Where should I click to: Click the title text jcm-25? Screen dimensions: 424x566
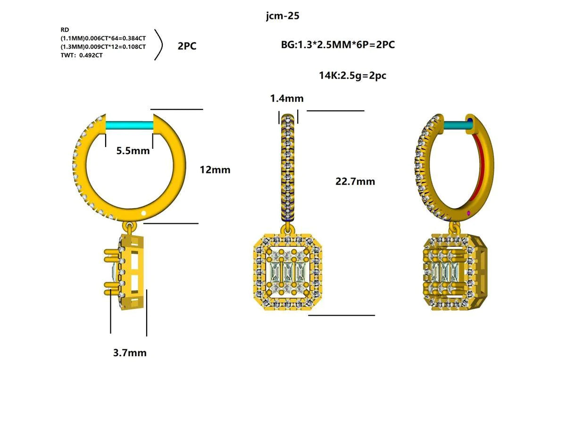[283, 16]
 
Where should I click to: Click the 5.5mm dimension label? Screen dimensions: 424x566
[133, 151]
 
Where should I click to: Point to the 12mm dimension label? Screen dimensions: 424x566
[215, 170]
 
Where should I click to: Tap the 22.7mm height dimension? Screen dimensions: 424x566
[355, 181]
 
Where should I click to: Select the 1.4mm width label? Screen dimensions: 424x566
[287, 98]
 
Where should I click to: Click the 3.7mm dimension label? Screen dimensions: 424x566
[130, 352]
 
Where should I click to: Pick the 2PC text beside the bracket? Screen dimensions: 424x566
[187, 46]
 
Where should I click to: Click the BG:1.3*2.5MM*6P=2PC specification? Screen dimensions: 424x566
[338, 45]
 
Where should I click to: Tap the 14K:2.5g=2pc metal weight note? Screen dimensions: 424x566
[353, 75]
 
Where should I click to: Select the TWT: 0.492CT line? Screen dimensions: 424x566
[82, 55]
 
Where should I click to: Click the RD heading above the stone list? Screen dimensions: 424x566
[65, 30]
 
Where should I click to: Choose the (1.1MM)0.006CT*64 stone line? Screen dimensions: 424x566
[103, 38]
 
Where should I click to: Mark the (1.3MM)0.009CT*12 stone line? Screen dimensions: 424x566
[103, 47]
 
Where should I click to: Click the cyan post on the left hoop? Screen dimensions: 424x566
[130, 126]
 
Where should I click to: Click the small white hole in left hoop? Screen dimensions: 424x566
[144, 213]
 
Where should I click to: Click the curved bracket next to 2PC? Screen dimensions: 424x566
[159, 46]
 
